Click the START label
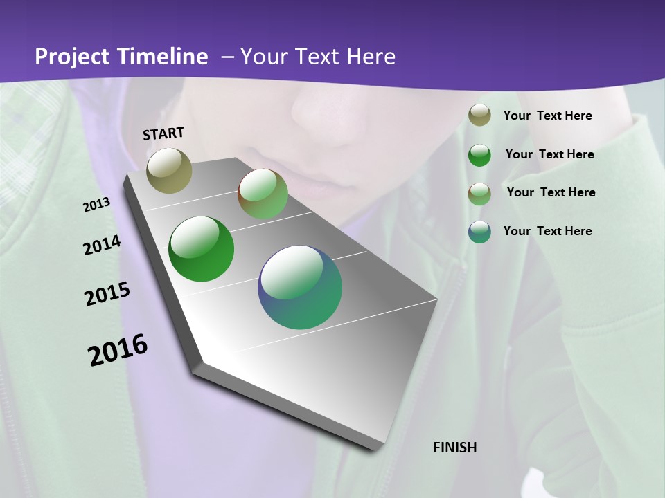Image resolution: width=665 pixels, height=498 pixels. [x=163, y=133]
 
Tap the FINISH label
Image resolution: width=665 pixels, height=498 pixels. [x=454, y=448]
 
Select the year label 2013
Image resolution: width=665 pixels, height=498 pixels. [x=96, y=205]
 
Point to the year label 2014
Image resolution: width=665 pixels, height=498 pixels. [x=102, y=246]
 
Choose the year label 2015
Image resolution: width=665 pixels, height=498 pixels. [x=107, y=294]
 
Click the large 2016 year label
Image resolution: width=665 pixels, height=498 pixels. [x=118, y=350]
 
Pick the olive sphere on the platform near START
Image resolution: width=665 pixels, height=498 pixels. [x=169, y=170]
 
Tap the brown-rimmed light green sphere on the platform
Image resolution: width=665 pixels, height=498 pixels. [x=263, y=194]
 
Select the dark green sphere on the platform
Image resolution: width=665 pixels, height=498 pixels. [x=202, y=249]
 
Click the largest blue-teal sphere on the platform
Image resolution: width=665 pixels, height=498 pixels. [x=300, y=287]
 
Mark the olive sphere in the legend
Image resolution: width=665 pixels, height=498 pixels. [x=479, y=116]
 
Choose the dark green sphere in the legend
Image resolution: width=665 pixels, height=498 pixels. [x=479, y=155]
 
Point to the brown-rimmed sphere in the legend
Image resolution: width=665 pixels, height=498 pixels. [x=479, y=194]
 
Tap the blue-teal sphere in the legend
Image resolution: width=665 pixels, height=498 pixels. [x=479, y=232]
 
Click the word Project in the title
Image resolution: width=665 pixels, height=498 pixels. [x=71, y=57]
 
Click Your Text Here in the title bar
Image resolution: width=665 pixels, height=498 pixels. [x=317, y=57]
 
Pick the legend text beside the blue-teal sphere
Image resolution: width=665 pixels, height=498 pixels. [x=547, y=231]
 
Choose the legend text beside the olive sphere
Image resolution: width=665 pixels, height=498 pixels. [x=547, y=116]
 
